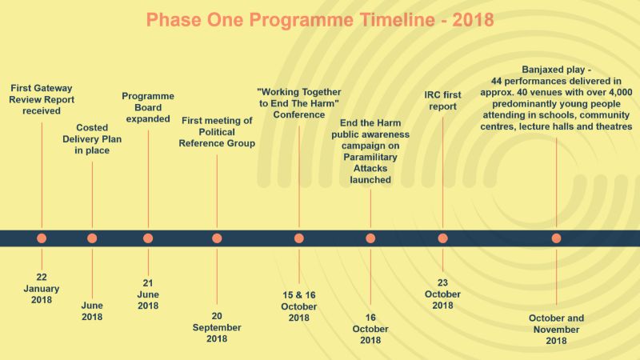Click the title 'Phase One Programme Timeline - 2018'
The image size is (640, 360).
point(320,19)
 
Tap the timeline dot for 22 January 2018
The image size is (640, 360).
point(42,238)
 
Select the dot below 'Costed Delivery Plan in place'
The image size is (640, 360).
point(92,238)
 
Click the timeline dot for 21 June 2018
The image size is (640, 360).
point(148,238)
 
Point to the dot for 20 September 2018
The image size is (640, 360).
point(217,238)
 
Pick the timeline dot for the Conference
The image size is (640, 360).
point(299,238)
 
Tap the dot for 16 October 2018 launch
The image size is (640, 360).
point(370,238)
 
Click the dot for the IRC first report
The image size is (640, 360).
point(443,238)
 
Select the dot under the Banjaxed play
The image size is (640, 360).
point(556,238)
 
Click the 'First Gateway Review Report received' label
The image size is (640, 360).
point(42,99)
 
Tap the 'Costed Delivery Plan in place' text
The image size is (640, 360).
point(92,139)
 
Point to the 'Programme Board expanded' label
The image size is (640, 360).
point(148,107)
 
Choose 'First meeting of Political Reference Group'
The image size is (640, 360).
point(217,132)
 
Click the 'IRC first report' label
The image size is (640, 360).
point(443,101)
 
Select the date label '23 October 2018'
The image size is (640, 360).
point(443,294)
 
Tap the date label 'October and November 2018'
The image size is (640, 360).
point(556,329)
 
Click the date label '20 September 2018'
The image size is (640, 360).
point(217,327)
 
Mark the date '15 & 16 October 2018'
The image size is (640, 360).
point(299,306)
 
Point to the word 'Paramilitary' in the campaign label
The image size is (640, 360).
point(370,157)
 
